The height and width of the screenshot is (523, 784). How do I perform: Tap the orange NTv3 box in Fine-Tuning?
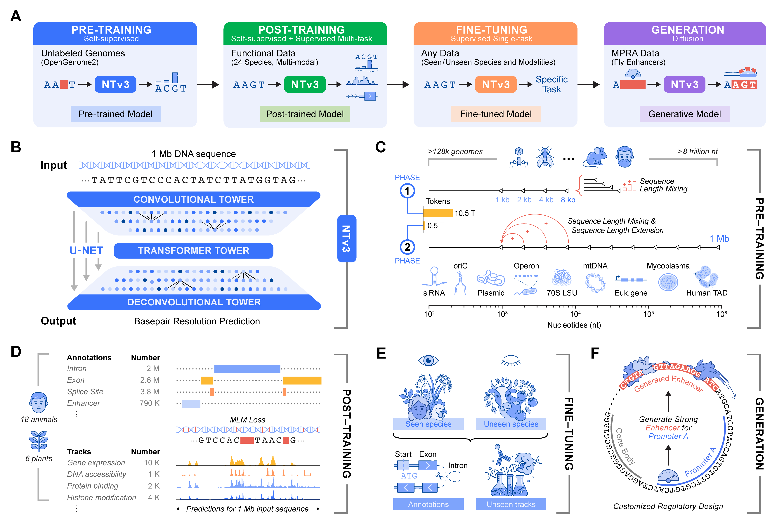pyautogui.click(x=496, y=84)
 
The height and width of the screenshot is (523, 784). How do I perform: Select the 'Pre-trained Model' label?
pyautogui.click(x=115, y=114)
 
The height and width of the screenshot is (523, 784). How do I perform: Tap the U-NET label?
pyautogui.click(x=86, y=250)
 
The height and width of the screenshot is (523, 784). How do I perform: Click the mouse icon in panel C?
pyautogui.click(x=595, y=157)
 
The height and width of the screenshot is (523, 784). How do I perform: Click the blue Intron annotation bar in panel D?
pyautogui.click(x=247, y=369)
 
